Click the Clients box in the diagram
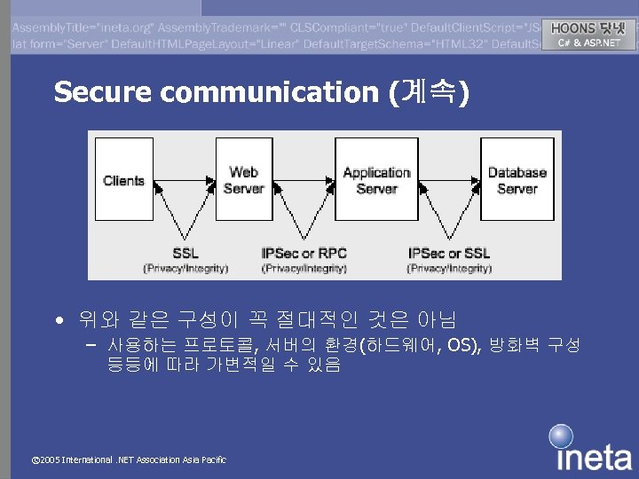pos(122,180)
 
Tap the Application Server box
pos(376,180)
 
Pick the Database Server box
pos(517,180)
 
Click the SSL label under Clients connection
pos(185,254)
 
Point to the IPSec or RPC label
pos(304,254)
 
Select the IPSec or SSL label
pos(449,254)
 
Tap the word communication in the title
pos(272,92)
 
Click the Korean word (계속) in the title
pos(430,92)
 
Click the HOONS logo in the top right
pos(588,28)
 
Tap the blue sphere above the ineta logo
pos(561,436)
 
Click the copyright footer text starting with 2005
pos(128,459)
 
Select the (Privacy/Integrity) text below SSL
pos(185,268)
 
